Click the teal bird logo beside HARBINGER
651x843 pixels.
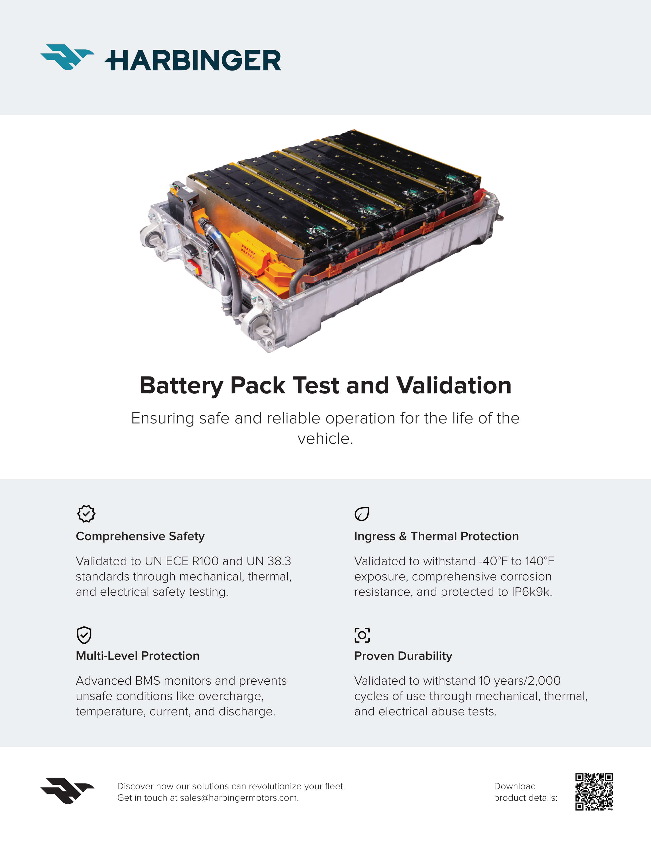[x=67, y=57]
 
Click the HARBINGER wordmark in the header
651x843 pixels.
[x=193, y=60]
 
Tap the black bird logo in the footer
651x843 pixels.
[x=67, y=791]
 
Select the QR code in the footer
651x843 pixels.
[x=594, y=791]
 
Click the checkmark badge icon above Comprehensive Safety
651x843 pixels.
[x=86, y=514]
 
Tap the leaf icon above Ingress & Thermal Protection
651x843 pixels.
[x=362, y=514]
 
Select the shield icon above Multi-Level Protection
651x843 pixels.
[x=84, y=635]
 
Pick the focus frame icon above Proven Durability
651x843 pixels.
[x=362, y=635]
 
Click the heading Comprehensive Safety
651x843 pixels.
[x=140, y=536]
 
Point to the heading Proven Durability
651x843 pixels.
[x=403, y=656]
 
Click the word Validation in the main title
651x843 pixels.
[x=454, y=385]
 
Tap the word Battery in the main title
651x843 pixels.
[x=181, y=385]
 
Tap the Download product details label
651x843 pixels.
[x=525, y=792]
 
